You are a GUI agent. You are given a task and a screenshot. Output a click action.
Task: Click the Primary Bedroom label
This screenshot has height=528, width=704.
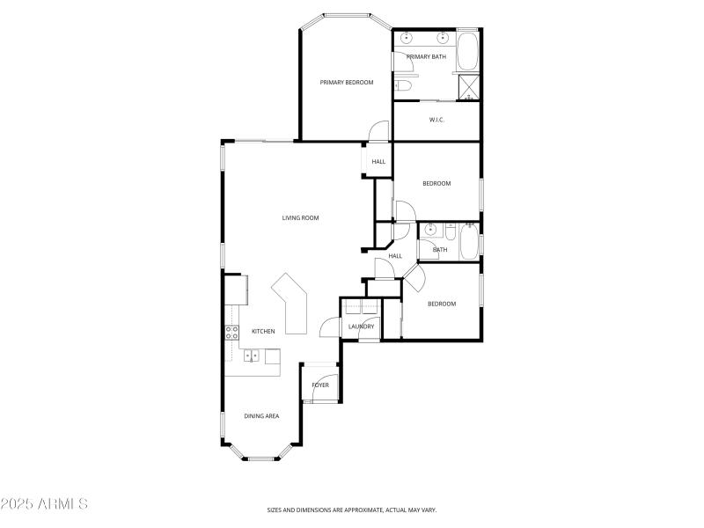[x=346, y=82]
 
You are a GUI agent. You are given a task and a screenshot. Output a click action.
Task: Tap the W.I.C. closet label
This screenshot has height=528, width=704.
[x=436, y=120]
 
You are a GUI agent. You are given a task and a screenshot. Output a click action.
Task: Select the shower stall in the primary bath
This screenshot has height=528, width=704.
[x=469, y=86]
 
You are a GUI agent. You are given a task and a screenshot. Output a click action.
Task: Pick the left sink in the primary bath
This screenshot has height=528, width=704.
[x=407, y=39]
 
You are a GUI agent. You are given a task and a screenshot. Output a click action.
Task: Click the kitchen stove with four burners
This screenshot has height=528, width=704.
[x=233, y=332]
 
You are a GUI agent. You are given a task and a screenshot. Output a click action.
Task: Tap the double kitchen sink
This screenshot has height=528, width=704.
[x=252, y=356]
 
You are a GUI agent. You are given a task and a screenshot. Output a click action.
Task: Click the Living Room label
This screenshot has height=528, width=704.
[x=300, y=217]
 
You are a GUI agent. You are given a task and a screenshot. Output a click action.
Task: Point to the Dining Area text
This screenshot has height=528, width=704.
[x=261, y=415]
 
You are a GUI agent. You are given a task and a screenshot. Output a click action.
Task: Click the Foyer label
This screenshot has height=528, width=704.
[x=319, y=385]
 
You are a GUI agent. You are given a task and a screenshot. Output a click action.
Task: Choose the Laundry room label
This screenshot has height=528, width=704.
[x=361, y=326]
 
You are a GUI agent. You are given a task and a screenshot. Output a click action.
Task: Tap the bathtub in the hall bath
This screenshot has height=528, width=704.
[x=468, y=241]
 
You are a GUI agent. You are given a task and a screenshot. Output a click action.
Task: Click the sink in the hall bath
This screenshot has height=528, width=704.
[x=430, y=231]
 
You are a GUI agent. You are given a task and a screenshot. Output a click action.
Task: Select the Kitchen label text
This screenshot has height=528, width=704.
[x=263, y=331]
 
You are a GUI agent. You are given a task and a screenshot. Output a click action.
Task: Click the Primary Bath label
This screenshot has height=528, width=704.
[x=426, y=56]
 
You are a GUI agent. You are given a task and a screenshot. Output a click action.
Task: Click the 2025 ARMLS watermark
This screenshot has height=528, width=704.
[x=44, y=504]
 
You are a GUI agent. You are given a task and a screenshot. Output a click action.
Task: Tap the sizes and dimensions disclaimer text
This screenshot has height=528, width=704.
[x=352, y=510]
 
